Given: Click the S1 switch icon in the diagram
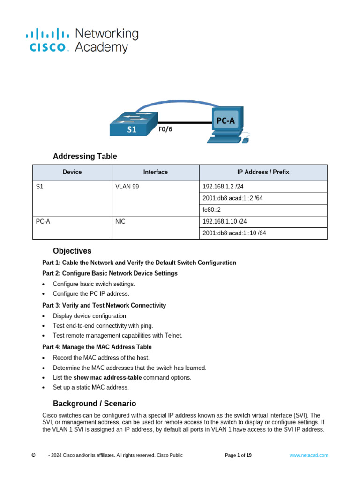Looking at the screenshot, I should click(x=133, y=124).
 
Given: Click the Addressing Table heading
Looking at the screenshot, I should click(x=85, y=157).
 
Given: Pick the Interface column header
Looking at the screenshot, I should click(x=155, y=172).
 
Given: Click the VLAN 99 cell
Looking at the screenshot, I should click(x=127, y=187).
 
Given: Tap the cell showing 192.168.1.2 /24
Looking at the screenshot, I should click(x=223, y=187).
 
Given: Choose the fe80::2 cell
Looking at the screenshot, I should click(x=211, y=210).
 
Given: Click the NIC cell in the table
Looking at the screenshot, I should click(x=120, y=221).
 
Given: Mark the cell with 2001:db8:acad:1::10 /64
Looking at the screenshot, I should click(x=234, y=233).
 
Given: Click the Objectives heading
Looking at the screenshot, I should click(x=72, y=251).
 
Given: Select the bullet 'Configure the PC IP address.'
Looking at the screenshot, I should click(x=91, y=294).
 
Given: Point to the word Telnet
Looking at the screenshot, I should click(x=172, y=335).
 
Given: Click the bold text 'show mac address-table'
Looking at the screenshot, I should click(x=108, y=377).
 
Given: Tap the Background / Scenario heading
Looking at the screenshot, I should click(x=94, y=404).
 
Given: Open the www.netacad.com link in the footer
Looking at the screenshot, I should click(x=308, y=455).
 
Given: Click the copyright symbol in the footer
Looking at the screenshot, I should click(x=33, y=455).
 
